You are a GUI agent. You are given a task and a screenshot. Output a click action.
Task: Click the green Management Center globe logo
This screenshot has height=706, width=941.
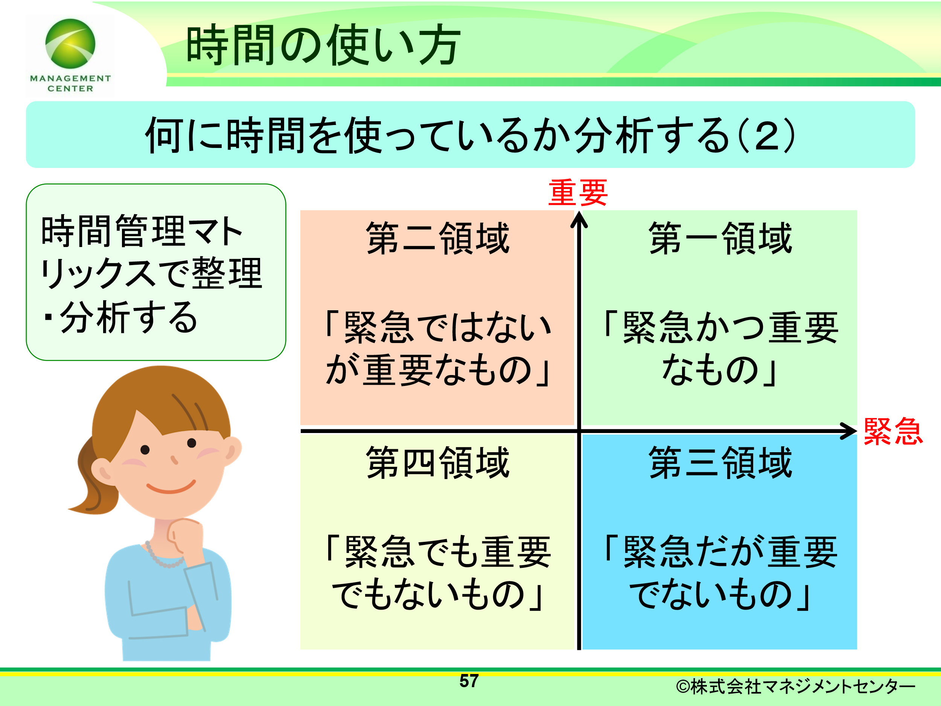(70, 43)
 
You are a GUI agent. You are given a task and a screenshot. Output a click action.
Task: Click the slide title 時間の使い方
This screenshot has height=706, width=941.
(323, 45)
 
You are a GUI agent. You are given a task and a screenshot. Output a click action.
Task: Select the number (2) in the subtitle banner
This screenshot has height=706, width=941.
(766, 135)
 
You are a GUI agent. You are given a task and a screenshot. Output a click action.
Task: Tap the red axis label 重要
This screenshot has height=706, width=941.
(578, 192)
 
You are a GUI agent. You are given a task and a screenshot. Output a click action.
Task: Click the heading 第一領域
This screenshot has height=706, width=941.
(720, 238)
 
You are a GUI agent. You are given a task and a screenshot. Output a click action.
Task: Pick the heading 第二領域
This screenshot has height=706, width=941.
(437, 238)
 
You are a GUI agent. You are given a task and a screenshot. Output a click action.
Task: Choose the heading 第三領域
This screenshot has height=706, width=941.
(720, 463)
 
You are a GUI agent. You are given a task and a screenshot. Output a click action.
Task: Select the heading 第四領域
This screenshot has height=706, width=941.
(437, 463)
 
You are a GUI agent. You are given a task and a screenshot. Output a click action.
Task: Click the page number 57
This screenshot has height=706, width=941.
(469, 681)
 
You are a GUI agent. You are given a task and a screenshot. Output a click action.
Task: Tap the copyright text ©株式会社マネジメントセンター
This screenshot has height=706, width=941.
(795, 686)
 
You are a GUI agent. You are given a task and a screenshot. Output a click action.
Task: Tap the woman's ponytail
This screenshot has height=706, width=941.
(94, 477)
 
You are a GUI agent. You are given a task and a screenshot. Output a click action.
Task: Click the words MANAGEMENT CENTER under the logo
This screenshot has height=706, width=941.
(70, 84)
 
